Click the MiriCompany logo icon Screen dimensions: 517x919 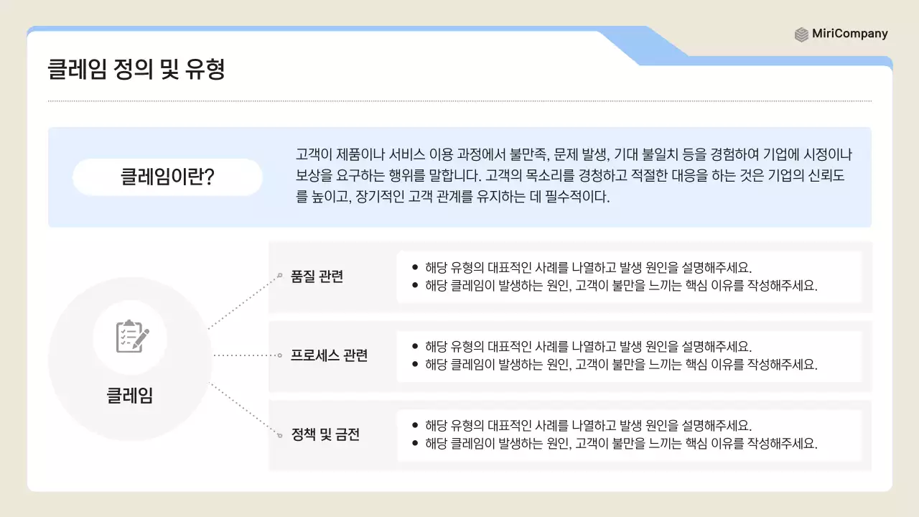point(801,34)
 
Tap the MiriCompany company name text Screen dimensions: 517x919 point(850,34)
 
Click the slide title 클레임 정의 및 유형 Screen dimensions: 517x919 point(136,70)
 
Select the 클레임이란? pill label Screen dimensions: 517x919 point(167,177)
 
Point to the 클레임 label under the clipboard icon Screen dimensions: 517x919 point(130,396)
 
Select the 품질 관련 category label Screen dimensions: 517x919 point(317,276)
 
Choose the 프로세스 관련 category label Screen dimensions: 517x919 point(329,355)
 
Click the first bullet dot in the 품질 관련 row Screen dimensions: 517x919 point(415,267)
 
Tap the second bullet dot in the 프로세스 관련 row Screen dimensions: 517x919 point(415,364)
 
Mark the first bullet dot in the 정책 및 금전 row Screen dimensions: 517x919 point(415,425)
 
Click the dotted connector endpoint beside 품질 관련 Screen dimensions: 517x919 point(280,275)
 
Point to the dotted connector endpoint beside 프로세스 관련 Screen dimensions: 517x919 point(279,355)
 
